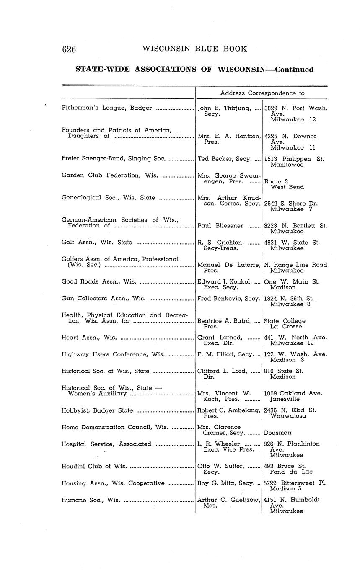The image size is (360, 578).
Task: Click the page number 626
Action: coord(69,49)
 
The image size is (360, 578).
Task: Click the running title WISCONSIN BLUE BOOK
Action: coord(194,49)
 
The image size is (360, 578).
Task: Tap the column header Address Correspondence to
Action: coord(262,93)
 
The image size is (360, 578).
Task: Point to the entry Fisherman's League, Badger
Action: coord(106,108)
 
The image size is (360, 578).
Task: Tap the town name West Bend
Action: coord(287,187)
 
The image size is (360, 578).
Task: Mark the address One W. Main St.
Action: coord(292,282)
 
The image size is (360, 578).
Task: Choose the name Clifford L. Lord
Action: coord(223,371)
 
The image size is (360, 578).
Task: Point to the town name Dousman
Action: coord(278,433)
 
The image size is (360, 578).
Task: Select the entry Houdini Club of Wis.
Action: coord(94,466)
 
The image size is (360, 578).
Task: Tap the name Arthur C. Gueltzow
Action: coord(228,500)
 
